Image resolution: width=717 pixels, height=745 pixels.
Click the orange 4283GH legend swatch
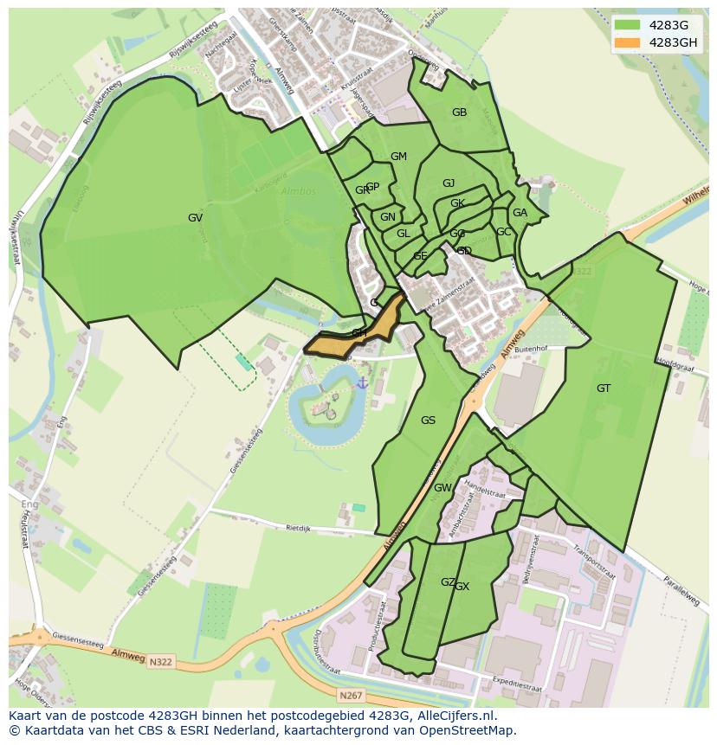tap(629, 42)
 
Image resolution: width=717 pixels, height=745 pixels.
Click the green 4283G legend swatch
tap(629, 24)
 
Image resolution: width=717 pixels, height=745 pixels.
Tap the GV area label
tap(195, 218)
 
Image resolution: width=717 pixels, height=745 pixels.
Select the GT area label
tap(604, 389)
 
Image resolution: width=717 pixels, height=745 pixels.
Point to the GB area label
tap(459, 112)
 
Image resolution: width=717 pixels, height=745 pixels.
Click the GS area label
tap(428, 421)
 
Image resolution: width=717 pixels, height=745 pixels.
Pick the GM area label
tap(398, 157)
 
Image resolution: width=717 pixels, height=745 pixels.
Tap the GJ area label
tap(449, 183)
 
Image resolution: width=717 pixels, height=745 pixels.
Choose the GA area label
tap(520, 213)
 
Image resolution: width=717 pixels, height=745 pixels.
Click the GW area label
tap(442, 488)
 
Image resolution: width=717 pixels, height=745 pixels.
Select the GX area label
tap(462, 587)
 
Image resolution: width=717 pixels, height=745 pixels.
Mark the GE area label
tap(420, 256)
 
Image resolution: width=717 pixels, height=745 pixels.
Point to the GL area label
tap(404, 234)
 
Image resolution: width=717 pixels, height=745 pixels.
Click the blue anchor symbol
tap(363, 382)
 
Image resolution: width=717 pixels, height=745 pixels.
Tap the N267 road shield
tap(350, 695)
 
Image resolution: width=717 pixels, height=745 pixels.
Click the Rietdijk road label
tap(298, 526)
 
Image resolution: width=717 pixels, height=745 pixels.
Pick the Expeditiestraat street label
tap(493, 681)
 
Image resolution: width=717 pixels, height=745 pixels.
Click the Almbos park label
tap(299, 191)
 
